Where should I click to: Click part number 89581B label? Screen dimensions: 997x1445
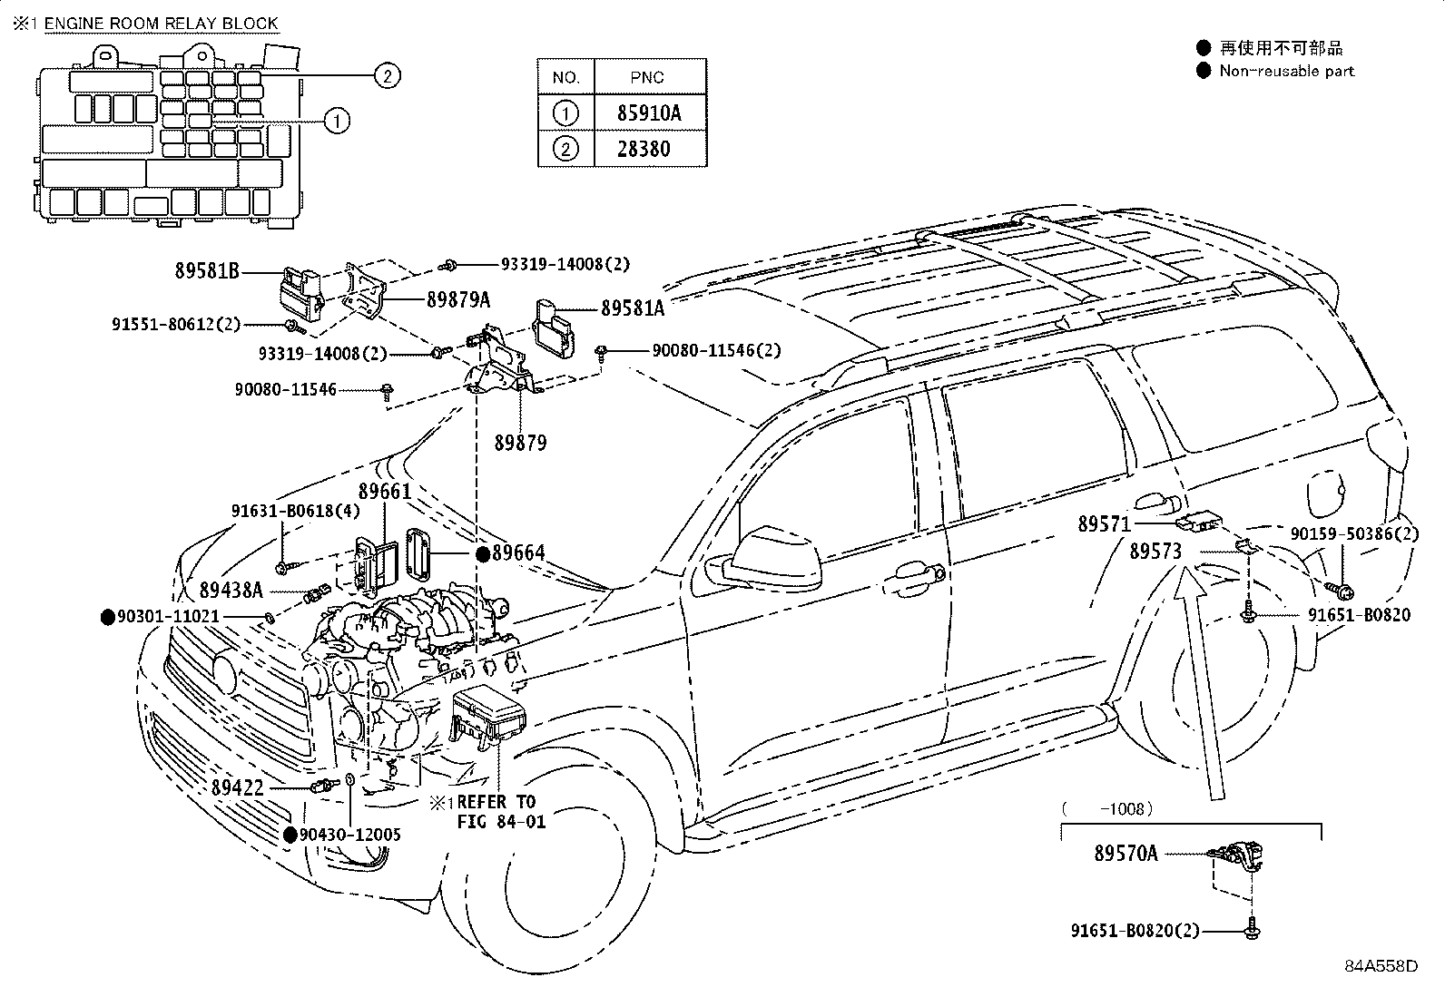tap(207, 270)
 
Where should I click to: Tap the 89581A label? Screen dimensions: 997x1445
tap(633, 309)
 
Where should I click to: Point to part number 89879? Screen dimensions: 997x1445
tap(520, 443)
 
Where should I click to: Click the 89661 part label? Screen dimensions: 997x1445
tap(385, 491)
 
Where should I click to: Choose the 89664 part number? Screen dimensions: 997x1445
tap(518, 554)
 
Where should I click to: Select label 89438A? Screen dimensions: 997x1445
tap(231, 591)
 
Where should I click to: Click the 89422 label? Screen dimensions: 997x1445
tap(238, 788)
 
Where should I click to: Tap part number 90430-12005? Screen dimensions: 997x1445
tap(350, 835)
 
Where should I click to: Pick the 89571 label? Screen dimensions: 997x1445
tap(1105, 524)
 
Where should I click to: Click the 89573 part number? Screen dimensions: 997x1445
tap(1155, 551)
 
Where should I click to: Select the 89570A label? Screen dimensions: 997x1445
tap(1126, 853)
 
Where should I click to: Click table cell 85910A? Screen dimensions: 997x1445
tap(650, 113)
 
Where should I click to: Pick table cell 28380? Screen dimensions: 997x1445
tap(650, 149)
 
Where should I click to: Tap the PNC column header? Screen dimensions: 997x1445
tap(650, 78)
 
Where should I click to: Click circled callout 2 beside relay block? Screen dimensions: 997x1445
tap(387, 76)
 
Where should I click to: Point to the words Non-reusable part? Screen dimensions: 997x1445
tap(1286, 71)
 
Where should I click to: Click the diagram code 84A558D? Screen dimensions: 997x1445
tap(1381, 966)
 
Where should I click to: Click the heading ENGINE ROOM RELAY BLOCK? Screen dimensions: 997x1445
tap(161, 24)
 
